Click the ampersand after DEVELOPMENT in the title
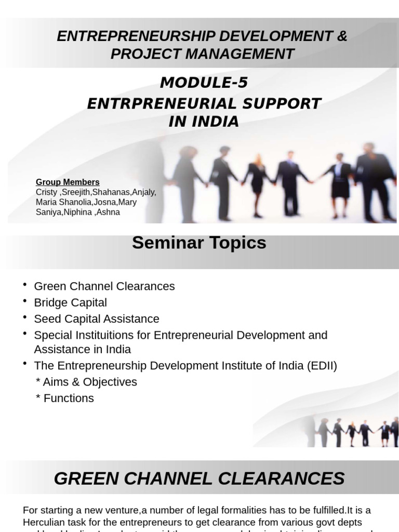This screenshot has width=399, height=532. (342, 36)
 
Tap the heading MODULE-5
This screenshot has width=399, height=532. (204, 83)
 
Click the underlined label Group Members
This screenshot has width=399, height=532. (68, 182)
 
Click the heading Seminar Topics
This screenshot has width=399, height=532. (199, 243)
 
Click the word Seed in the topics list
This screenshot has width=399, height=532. (45, 318)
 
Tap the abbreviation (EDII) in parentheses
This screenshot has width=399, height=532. (321, 366)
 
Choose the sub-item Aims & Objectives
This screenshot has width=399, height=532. (86, 382)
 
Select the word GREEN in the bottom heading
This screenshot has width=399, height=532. (88, 478)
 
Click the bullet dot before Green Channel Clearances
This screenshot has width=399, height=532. (25, 284)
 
